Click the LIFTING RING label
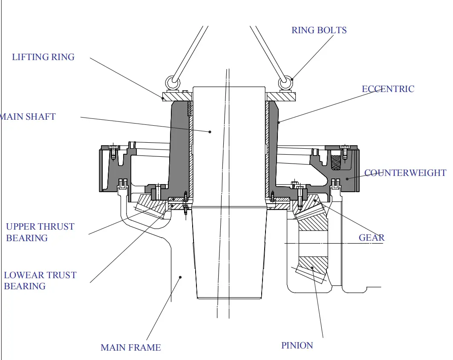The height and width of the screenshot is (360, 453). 43,57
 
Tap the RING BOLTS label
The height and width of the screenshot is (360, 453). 319,30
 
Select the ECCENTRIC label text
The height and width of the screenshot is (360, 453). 388,89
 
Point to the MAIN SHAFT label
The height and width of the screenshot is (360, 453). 28,117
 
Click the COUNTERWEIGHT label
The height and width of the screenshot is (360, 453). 405,173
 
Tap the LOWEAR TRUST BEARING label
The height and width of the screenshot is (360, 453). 40,280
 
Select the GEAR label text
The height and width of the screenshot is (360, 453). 371,238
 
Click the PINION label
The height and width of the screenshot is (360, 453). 297,346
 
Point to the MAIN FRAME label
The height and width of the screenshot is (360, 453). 130,348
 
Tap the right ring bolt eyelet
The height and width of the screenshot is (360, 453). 283,82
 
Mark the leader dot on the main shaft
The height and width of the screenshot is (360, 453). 210,132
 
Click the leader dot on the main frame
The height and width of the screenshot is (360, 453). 180,277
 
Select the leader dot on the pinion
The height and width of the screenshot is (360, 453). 312,268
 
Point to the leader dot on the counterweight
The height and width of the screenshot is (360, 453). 347,179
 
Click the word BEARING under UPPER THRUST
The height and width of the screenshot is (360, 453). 27,238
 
